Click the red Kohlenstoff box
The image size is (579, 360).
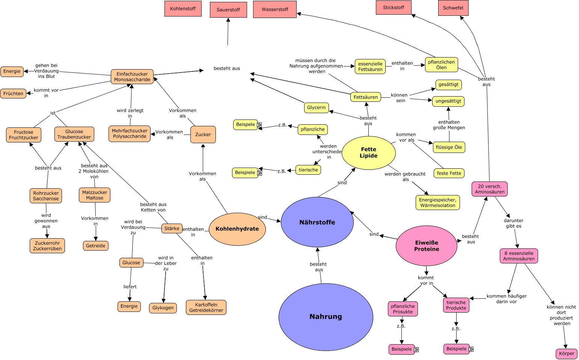[x=183, y=9]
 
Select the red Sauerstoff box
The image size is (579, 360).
[x=228, y=10]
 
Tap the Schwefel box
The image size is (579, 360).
[x=453, y=8]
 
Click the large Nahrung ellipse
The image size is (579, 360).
[x=326, y=317]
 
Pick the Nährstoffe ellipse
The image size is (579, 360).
[x=317, y=222]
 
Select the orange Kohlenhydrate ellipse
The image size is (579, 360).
[x=237, y=229]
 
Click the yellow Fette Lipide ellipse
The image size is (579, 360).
[x=368, y=153]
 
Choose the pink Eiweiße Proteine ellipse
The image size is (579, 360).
[x=426, y=246]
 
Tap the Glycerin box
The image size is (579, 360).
[x=316, y=107]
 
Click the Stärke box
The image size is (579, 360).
[x=172, y=228]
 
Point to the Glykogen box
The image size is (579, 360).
[x=163, y=308]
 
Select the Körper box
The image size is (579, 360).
[x=566, y=354]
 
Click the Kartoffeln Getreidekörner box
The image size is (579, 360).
[x=206, y=307]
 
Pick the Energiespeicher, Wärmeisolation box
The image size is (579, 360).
[x=437, y=203]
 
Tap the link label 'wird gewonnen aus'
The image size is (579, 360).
[x=46, y=221]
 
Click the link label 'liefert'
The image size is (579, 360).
[x=130, y=287]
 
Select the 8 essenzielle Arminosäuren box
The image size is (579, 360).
[x=519, y=256]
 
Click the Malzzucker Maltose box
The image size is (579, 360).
[x=95, y=195]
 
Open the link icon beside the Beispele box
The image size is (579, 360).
[x=259, y=125]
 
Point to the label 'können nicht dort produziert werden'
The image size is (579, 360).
[x=561, y=315]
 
